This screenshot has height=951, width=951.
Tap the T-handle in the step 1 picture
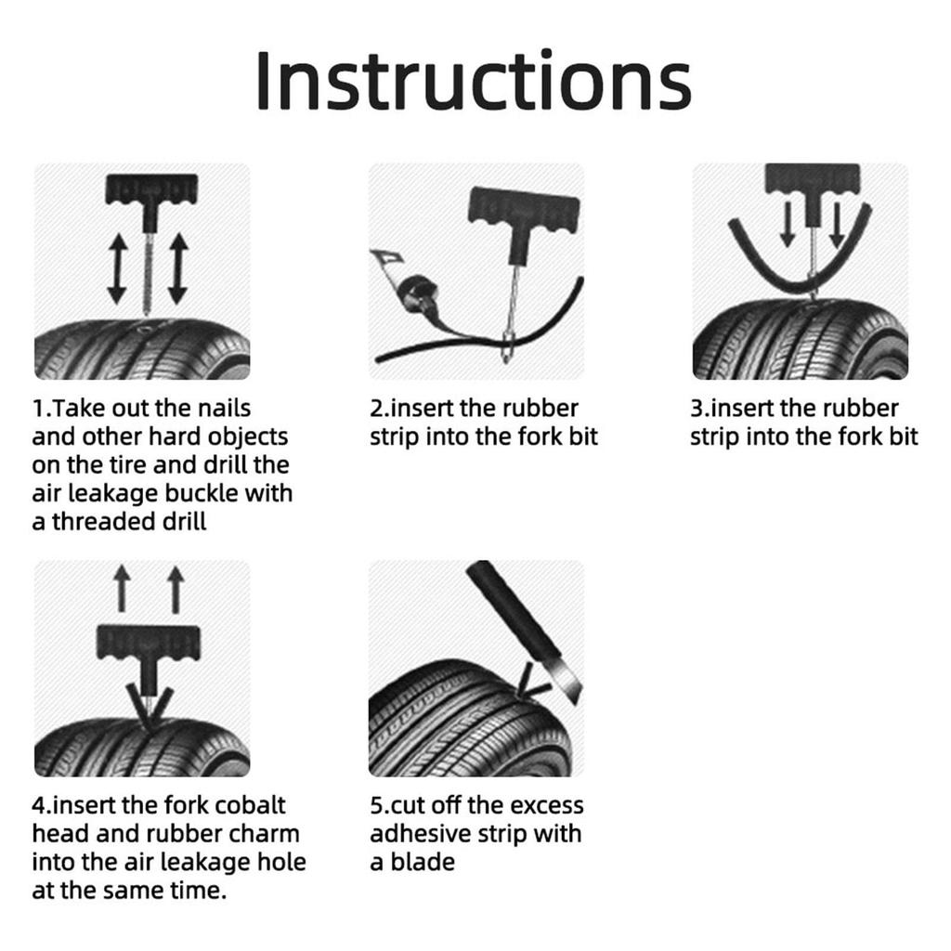[148, 189]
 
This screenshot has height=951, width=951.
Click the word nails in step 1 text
[224, 409]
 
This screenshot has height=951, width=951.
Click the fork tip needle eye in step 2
[506, 347]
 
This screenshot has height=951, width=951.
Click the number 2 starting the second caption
[376, 409]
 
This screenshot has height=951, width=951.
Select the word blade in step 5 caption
[423, 863]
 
